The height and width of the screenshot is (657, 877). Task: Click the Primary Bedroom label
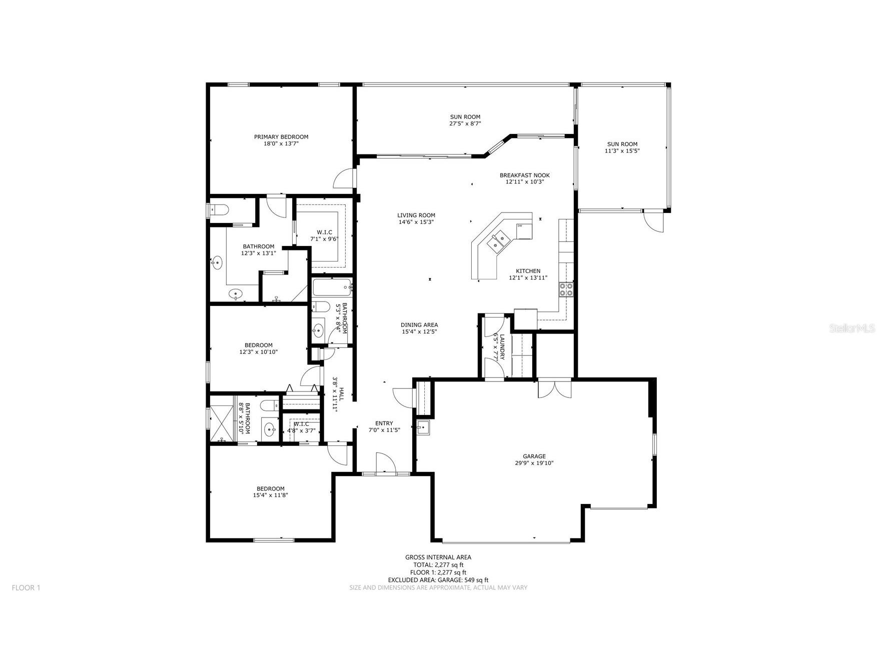pos(281,137)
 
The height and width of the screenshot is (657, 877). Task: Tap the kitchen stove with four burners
pos(566,289)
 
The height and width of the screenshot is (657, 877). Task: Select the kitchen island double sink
pos(499,241)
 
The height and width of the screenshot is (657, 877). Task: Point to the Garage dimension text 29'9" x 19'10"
pos(534,463)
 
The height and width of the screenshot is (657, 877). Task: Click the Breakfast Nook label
pos(524,175)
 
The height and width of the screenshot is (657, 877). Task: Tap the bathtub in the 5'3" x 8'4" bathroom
pos(332,288)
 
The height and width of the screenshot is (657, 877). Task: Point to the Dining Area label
pos(419,325)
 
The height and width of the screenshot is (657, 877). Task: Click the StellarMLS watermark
pos(852,328)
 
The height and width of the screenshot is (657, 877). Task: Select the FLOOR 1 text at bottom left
pos(26,587)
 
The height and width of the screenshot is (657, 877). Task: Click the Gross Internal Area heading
pos(438,557)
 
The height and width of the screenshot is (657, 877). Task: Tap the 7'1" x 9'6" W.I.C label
pos(324,235)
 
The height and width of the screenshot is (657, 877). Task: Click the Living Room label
pos(416,215)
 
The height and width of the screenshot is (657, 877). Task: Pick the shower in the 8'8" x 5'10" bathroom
pos(221,418)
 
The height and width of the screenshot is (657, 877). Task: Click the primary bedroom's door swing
pos(344,178)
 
